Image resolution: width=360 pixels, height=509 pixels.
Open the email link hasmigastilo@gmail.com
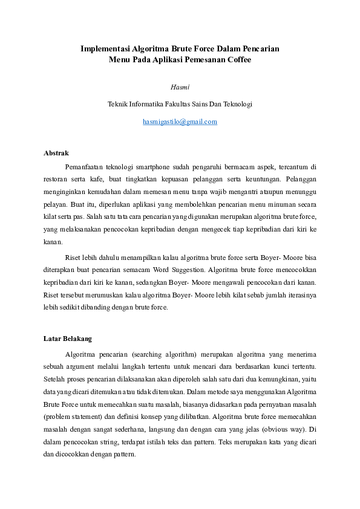click(x=180, y=122)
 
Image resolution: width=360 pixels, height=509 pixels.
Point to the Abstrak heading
click(x=56, y=153)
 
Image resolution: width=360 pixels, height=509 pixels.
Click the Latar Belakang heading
click(x=68, y=339)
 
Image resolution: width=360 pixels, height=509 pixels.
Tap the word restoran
click(x=56, y=180)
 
